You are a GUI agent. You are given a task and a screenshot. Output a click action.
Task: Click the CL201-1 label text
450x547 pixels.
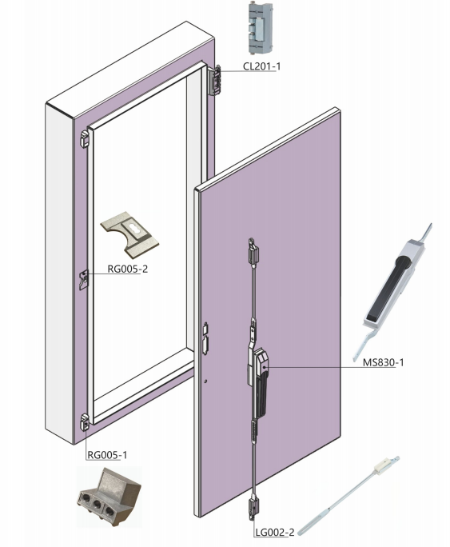click(x=262, y=66)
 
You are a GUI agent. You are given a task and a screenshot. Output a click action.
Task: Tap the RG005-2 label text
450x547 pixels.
click(x=127, y=269)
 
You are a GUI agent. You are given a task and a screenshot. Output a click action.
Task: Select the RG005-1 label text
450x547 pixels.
click(x=107, y=454)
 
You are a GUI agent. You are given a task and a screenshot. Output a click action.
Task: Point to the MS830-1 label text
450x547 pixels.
click(x=383, y=362)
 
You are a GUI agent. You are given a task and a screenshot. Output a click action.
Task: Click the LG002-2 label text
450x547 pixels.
click(x=275, y=533)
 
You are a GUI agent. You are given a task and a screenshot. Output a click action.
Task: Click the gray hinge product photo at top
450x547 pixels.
click(x=260, y=29)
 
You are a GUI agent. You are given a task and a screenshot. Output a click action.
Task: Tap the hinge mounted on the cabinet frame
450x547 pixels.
click(x=215, y=80)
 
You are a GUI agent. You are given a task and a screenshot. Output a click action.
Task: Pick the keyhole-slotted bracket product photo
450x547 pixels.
click(x=129, y=234)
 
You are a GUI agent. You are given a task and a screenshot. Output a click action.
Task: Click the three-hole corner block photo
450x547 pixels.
click(x=109, y=497)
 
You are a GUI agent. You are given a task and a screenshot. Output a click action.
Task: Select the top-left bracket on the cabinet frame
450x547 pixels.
click(x=85, y=139)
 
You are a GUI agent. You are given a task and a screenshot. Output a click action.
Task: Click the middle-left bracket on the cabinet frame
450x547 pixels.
click(x=84, y=280)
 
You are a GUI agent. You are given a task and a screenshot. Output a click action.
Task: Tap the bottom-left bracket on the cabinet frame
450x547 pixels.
click(x=85, y=423)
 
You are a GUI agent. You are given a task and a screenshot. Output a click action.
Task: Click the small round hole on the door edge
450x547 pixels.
click(x=205, y=381)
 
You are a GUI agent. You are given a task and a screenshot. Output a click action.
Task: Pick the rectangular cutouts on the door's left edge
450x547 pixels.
click(x=205, y=339)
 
